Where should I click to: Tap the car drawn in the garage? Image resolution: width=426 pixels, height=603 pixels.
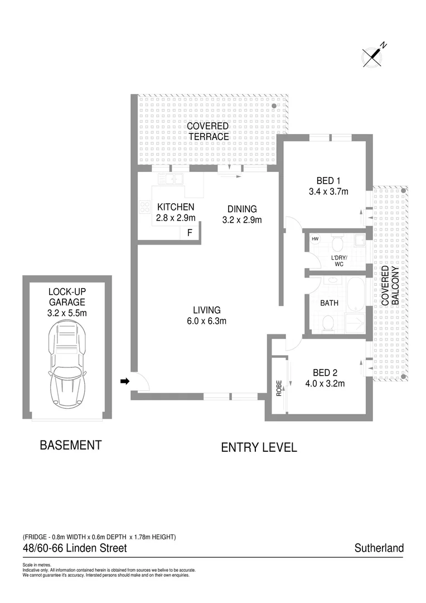click(x=67, y=366)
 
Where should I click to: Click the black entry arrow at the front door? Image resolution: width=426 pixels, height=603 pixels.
click(x=125, y=381)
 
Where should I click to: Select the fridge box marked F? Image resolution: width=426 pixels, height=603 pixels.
click(x=190, y=233)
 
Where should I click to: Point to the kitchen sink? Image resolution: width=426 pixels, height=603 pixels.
click(x=171, y=179)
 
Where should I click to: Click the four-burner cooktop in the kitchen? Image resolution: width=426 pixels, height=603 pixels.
click(x=145, y=207)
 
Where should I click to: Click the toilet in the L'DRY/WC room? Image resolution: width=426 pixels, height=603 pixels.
click(x=337, y=243)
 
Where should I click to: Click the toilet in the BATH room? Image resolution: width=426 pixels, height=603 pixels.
click(x=328, y=322)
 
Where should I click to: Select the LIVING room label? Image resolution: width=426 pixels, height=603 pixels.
click(x=207, y=310)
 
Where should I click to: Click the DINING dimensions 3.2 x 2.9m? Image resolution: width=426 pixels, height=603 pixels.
click(x=242, y=219)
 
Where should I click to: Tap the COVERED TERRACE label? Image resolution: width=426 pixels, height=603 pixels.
click(x=208, y=132)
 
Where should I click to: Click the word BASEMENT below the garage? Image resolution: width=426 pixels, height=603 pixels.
click(x=70, y=446)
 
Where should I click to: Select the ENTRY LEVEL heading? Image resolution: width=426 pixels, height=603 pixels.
click(x=259, y=447)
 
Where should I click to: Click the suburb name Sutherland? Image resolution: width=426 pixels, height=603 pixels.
click(x=379, y=548)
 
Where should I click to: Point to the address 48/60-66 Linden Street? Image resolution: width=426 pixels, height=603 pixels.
click(x=75, y=548)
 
